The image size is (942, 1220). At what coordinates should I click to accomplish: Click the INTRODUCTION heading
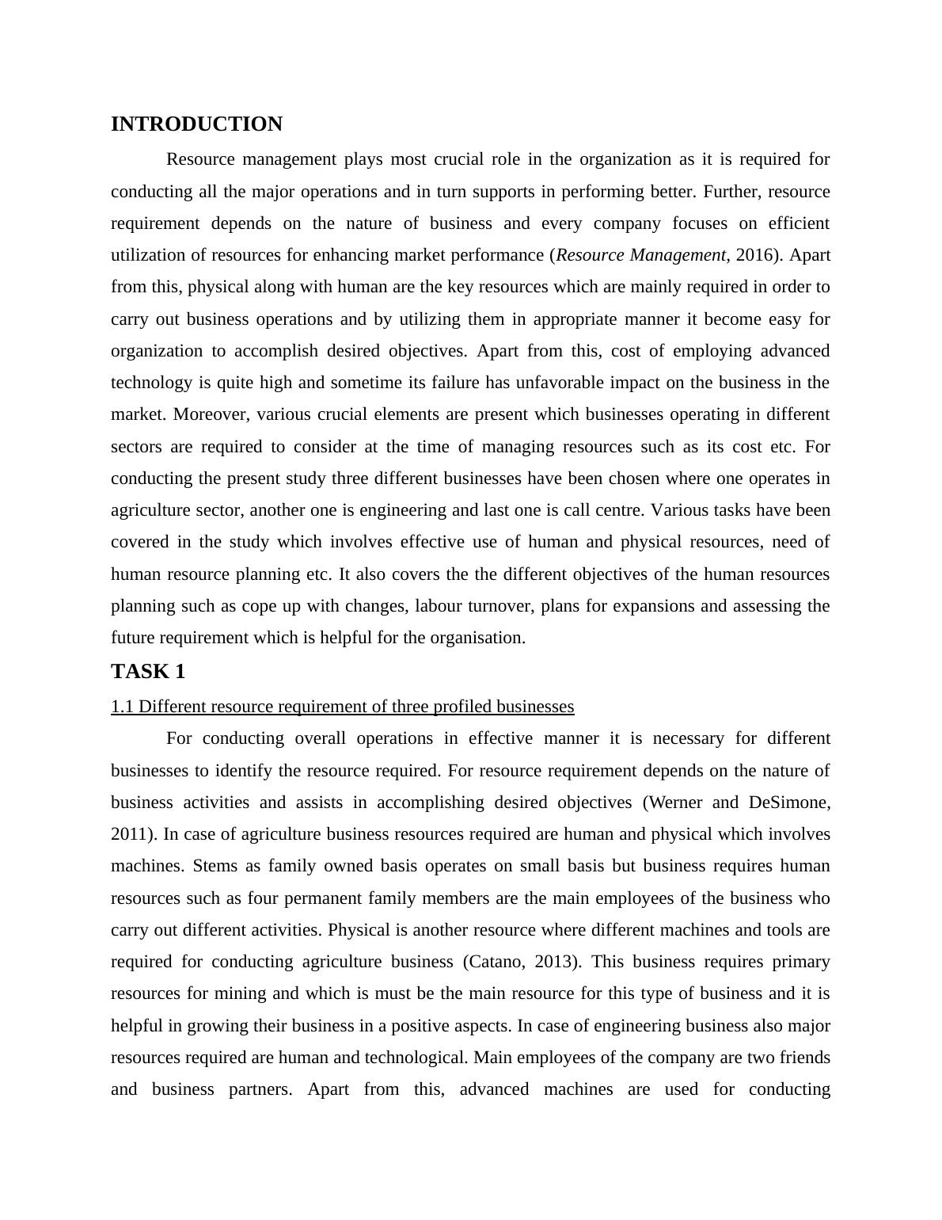click(x=196, y=124)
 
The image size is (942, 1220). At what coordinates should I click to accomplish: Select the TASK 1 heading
click(x=148, y=672)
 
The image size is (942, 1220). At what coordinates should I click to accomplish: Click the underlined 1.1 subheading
click(x=342, y=707)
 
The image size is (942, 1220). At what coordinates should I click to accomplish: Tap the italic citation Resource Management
click(x=640, y=255)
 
